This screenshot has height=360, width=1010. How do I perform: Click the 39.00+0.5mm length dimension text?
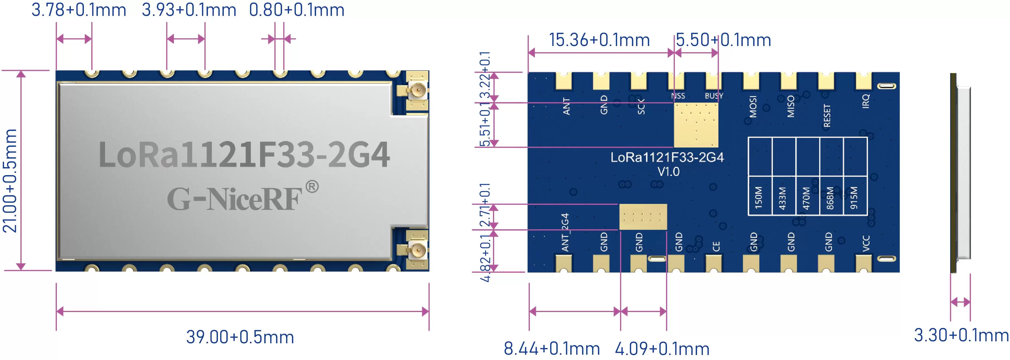pyautogui.click(x=240, y=337)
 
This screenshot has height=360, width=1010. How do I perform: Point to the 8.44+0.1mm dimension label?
pyautogui.click(x=551, y=349)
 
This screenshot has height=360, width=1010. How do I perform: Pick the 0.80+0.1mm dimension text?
pyautogui.click(x=297, y=10)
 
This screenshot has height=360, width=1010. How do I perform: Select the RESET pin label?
pyautogui.click(x=827, y=116)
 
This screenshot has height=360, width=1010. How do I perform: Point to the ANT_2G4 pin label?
pyautogui.click(x=565, y=232)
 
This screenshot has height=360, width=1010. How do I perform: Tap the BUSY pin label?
pyautogui.click(x=713, y=96)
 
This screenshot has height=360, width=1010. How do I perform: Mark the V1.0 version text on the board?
pyautogui.click(x=669, y=172)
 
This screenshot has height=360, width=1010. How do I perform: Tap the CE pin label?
pyautogui.click(x=716, y=246)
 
